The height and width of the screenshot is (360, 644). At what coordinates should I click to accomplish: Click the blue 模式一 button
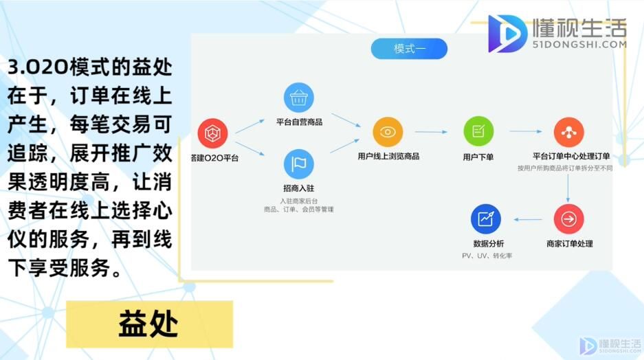pyautogui.click(x=409, y=49)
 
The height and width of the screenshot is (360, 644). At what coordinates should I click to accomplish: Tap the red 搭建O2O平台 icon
pyautogui.click(x=213, y=133)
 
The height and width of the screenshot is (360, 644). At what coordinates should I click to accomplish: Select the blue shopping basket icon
pyautogui.click(x=298, y=98)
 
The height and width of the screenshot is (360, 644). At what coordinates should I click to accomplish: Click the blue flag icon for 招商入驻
pyautogui.click(x=298, y=164)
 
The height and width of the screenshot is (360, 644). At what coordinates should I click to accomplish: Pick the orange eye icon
pyautogui.click(x=388, y=132)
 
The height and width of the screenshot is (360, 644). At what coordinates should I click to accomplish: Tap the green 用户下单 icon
pyautogui.click(x=478, y=131)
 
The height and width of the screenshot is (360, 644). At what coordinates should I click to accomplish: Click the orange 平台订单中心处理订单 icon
pyautogui.click(x=569, y=132)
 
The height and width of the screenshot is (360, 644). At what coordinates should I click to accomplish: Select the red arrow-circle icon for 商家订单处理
pyautogui.click(x=569, y=219)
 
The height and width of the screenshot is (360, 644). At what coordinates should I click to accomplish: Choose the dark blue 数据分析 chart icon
pyautogui.click(x=486, y=219)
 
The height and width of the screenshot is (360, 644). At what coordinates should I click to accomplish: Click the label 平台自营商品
pyautogui.click(x=299, y=122)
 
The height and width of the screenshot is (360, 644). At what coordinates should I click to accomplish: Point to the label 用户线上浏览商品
pyautogui.click(x=388, y=156)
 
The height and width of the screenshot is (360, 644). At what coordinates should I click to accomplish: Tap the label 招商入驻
pyautogui.click(x=298, y=188)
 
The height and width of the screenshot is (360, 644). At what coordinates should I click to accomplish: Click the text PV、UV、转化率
pyautogui.click(x=487, y=256)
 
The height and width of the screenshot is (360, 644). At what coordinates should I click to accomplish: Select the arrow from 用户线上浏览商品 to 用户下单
pyautogui.click(x=431, y=132)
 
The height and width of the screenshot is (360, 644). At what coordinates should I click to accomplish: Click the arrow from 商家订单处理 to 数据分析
pyautogui.click(x=528, y=220)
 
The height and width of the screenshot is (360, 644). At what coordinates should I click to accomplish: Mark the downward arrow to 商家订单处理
pyautogui.click(x=568, y=188)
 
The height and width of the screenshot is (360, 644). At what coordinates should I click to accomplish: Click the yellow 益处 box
pyautogui.click(x=150, y=324)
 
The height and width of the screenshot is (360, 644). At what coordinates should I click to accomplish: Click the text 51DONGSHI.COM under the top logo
pyautogui.click(x=579, y=45)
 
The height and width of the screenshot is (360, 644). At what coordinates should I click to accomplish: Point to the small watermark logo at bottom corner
pyautogui.click(x=610, y=346)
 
